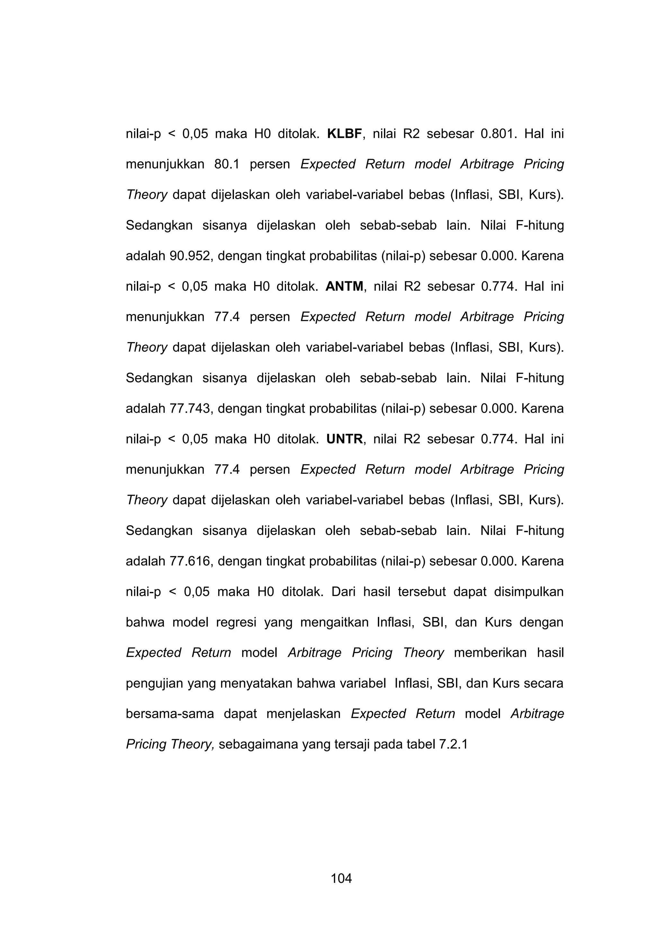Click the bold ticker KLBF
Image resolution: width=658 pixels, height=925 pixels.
point(344,134)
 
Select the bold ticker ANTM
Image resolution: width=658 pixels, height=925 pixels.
point(344,286)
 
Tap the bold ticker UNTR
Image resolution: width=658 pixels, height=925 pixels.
point(344,439)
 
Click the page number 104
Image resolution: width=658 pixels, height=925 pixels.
point(341,879)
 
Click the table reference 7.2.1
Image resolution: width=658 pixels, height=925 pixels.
point(453,745)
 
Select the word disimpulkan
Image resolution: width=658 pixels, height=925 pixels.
point(529,592)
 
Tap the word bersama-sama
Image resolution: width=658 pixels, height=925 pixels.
point(170,714)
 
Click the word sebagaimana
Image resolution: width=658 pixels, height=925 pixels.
point(258,745)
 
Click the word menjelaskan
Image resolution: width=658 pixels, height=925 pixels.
point(304,714)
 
